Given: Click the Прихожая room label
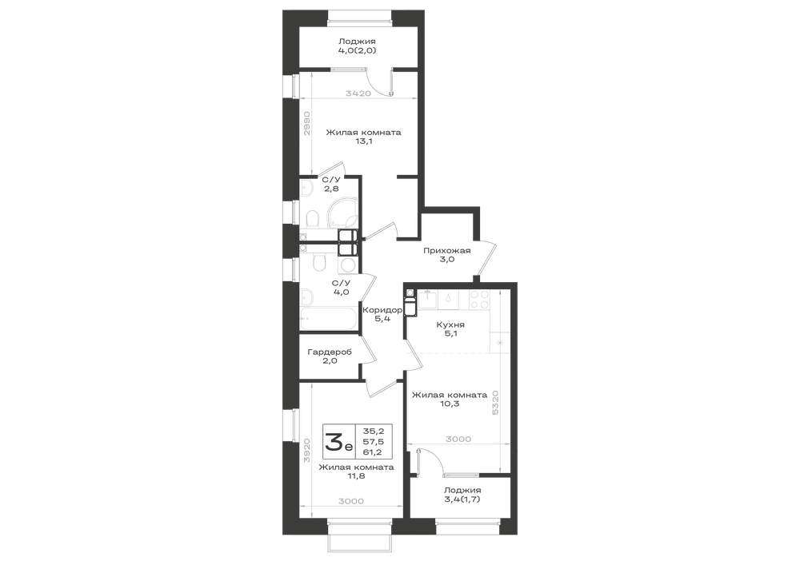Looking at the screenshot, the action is pos(447,250).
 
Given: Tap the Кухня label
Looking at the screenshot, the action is pos(450,324).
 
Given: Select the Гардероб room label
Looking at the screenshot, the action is pos(330,352).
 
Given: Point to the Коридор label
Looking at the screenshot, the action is pos(382,310).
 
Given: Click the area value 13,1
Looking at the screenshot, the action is pos(363,141).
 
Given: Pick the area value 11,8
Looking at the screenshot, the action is pos(356,476).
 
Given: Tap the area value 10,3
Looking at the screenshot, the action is pos(450,404).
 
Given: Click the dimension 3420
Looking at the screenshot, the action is pos(358,94).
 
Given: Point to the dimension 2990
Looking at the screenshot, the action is pos(306,123).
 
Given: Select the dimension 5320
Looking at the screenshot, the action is pos(495,403).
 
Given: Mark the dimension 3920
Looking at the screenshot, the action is pos(306,450).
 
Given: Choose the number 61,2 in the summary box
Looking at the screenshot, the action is pos(378,452).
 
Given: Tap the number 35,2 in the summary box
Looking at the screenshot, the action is pos(378,431).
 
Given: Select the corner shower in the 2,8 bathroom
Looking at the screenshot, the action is pos(342,214).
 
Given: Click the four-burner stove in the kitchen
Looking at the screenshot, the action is pos(479,300).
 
